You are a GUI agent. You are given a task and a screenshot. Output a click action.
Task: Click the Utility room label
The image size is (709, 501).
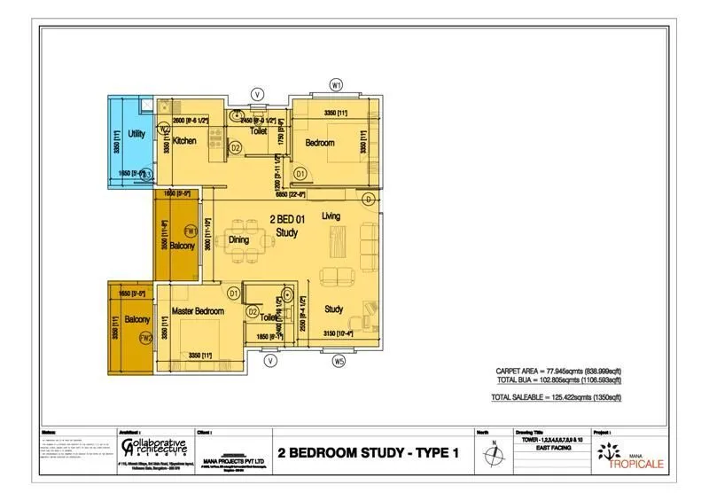[x=136, y=134]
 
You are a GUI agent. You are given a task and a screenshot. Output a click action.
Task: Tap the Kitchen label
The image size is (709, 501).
[x=184, y=141]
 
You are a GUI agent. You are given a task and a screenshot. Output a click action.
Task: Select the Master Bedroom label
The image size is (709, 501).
[x=198, y=311]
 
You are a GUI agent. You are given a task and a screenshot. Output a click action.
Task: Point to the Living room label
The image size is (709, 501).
[x=331, y=216]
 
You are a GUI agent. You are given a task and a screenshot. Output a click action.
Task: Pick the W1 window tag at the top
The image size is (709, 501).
[x=336, y=84]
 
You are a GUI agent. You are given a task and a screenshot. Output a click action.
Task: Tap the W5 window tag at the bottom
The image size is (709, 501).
[x=339, y=361]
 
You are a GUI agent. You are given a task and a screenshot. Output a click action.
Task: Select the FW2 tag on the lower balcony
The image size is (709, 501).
[x=146, y=338]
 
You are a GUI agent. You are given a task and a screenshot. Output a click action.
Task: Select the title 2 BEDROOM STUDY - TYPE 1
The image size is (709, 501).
[x=368, y=454]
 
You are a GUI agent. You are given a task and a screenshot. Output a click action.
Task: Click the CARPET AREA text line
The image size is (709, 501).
[x=558, y=372]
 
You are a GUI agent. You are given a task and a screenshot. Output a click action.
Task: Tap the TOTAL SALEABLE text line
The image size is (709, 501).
[x=556, y=398]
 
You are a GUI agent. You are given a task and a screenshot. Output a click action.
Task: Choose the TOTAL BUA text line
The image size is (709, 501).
[x=558, y=380]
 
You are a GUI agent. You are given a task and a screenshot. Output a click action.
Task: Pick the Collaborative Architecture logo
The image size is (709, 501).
[x=154, y=447]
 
